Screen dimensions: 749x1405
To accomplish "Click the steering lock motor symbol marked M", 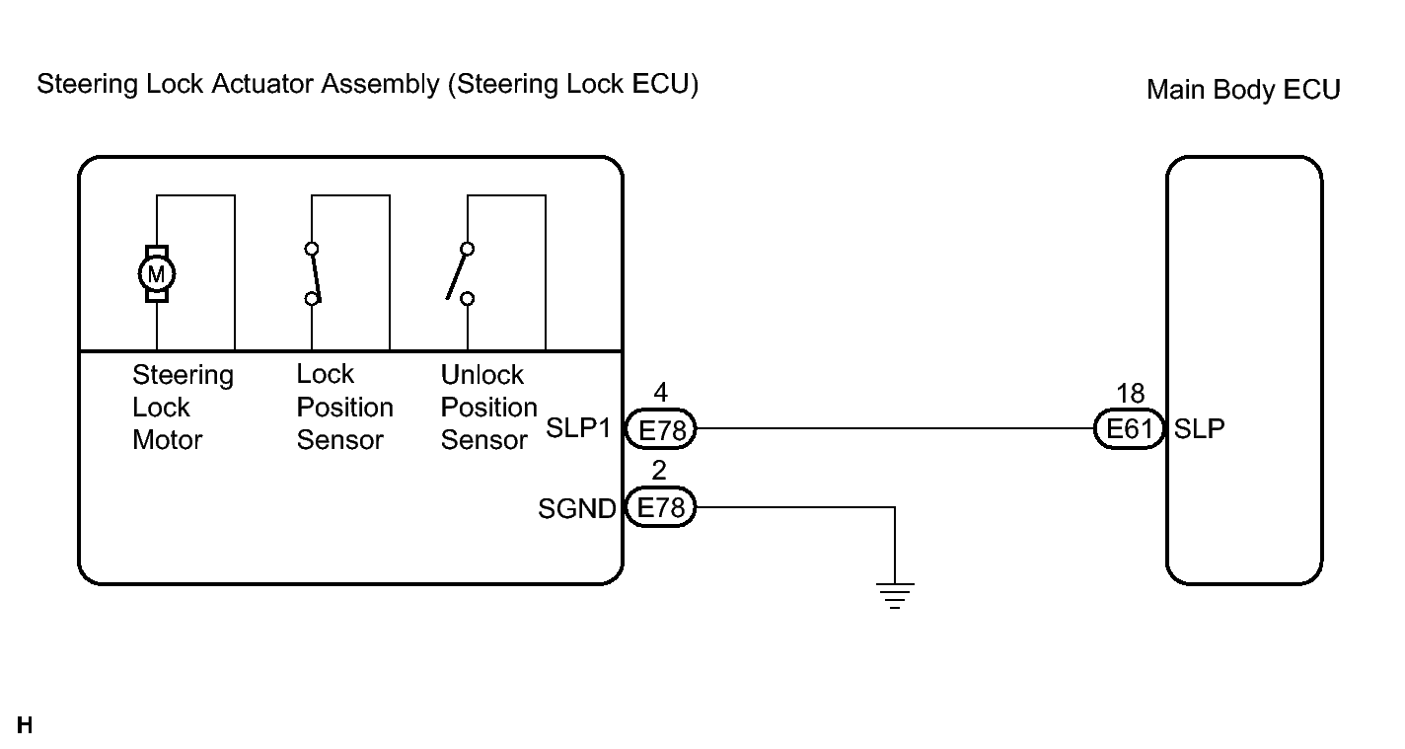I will [157, 272].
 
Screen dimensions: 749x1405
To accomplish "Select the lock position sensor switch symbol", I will [313, 273].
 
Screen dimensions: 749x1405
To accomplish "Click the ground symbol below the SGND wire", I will [895, 595].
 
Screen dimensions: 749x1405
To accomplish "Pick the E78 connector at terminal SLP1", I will [661, 429].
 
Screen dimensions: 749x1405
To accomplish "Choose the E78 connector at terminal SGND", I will [661, 509].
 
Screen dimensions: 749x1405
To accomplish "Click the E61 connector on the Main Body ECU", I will [1130, 429].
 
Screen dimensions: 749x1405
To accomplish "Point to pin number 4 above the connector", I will [661, 394].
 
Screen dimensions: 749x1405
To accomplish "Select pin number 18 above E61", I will [1130, 394].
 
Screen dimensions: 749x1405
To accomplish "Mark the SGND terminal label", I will [577, 509].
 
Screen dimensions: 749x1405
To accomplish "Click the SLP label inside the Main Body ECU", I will [1200, 429].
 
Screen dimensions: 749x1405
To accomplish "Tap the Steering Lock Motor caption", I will [182, 407].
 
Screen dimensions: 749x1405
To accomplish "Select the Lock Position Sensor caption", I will [344, 407].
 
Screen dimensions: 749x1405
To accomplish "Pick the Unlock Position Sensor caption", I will [488, 407].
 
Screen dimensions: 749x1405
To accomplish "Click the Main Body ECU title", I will [1243, 90].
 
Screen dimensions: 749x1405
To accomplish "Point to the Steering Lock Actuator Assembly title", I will [367, 85].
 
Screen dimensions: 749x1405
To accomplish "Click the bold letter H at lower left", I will [25, 727].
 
